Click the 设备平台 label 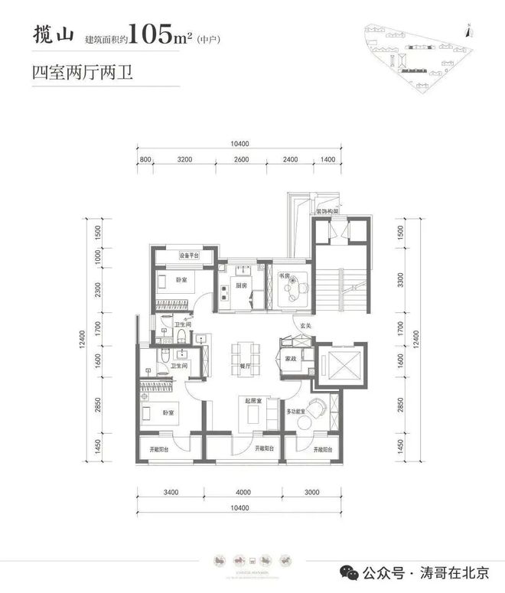coord(188,256)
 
